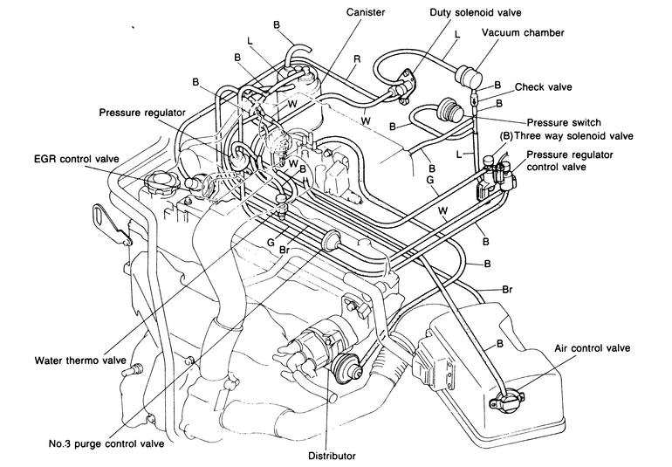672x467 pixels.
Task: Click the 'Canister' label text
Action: (x=366, y=12)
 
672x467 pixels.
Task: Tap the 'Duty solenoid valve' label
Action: (x=476, y=12)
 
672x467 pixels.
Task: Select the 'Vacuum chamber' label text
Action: (x=523, y=32)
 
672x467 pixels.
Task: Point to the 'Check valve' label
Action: (x=544, y=87)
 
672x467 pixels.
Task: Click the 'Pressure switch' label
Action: (x=564, y=123)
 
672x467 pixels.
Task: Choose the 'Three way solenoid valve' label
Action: (x=573, y=136)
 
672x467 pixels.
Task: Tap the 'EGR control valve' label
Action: (x=76, y=159)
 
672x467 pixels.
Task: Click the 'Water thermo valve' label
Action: (x=80, y=361)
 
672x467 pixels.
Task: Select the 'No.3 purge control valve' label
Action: (x=106, y=443)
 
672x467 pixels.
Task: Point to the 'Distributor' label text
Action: (x=333, y=456)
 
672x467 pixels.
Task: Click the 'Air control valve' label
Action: (x=593, y=347)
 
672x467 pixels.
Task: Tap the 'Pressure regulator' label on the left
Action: (x=142, y=113)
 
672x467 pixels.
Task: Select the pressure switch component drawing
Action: (x=450, y=109)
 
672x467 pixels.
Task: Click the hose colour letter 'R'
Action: (x=357, y=59)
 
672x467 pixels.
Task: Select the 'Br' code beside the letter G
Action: (x=285, y=250)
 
